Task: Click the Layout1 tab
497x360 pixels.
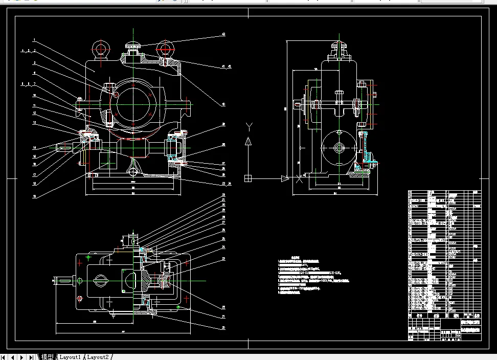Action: point(70,356)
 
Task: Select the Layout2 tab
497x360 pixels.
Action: point(98,356)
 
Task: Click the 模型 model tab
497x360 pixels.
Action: point(47,356)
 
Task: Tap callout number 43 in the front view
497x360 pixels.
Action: point(223,35)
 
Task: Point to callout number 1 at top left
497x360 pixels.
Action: point(34,40)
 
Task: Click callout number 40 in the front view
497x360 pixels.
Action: point(223,104)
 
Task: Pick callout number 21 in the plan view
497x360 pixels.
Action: point(223,317)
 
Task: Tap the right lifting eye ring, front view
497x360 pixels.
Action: point(165,49)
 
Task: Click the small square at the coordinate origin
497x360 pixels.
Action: point(248,178)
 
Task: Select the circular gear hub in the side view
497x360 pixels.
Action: point(338,148)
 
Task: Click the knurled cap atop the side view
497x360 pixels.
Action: point(337,49)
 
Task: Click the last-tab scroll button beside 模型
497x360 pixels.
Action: point(32,356)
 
